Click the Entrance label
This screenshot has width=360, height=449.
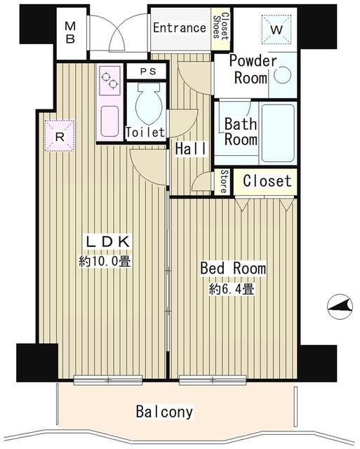pyautogui.click(x=179, y=29)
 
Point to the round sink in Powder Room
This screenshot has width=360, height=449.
pyautogui.click(x=282, y=76)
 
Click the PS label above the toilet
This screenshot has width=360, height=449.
pyautogui.click(x=147, y=71)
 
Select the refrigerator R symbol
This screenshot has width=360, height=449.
pyautogui.click(x=60, y=136)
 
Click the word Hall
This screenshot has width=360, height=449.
pyautogui.click(x=190, y=149)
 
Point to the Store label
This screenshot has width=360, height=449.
pyautogui.click(x=223, y=181)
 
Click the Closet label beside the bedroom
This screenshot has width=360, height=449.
pyautogui.click(x=267, y=181)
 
